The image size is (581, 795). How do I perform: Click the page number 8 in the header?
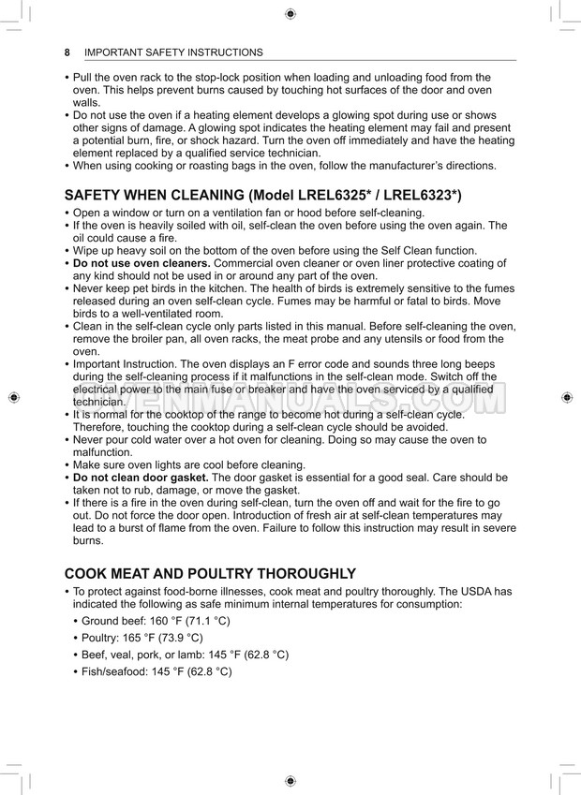(x=67, y=52)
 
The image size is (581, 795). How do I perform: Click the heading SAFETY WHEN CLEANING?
(x=154, y=196)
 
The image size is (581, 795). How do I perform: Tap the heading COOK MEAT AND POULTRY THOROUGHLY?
(x=210, y=573)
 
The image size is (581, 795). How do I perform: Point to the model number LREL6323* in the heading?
(x=422, y=196)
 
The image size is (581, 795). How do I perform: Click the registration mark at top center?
(x=290, y=13)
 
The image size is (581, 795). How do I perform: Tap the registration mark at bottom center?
(x=290, y=780)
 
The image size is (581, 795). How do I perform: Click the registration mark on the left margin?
(x=13, y=397)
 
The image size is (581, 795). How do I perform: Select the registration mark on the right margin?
(x=567, y=397)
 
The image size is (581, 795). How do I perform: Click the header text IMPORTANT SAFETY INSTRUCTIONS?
(x=173, y=52)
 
